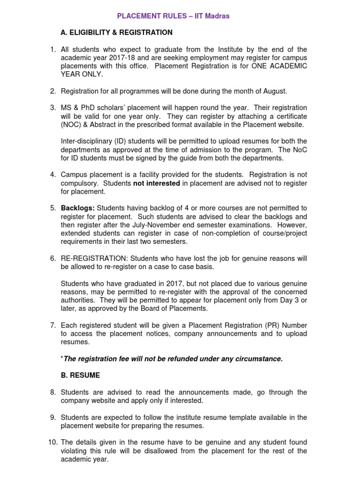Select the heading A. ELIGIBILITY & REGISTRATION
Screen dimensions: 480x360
(117, 32)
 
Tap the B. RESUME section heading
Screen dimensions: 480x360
(80, 375)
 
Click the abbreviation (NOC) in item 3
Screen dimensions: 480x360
(72, 124)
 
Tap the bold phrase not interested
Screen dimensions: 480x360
(156, 183)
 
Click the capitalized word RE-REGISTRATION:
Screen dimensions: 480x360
(95, 258)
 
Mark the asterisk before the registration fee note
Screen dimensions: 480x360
(62, 358)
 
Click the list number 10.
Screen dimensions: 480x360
(52, 442)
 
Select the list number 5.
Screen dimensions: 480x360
(53, 208)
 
